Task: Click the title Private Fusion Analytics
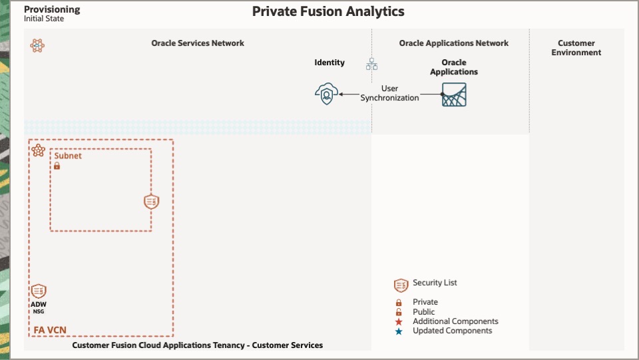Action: point(327,11)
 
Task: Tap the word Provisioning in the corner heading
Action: point(52,9)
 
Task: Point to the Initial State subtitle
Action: point(44,19)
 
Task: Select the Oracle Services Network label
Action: point(198,43)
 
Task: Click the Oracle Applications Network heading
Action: point(453,43)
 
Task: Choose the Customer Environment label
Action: point(576,48)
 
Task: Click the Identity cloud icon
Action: point(326,94)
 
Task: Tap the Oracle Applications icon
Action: point(454,95)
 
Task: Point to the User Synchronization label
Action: point(390,93)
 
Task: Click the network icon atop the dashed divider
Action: point(372,64)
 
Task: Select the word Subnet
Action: point(68,156)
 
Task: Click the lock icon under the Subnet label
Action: point(57,166)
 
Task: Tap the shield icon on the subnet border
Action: point(152,202)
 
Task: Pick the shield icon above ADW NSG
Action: point(39,291)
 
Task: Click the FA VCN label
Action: point(51,329)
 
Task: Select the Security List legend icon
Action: point(401,285)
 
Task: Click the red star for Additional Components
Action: point(399,321)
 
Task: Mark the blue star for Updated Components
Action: point(399,331)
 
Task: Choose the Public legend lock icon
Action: point(399,312)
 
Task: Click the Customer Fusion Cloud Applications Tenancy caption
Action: point(197,345)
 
